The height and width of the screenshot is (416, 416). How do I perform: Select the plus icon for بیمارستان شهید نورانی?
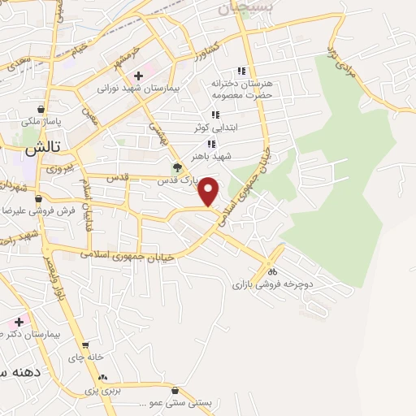click(x=138, y=76)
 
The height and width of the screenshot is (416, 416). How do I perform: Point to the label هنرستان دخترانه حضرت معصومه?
click(x=240, y=89)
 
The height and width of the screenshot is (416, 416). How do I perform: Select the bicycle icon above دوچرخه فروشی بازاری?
click(x=274, y=271)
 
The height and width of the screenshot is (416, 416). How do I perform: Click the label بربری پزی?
click(x=103, y=391)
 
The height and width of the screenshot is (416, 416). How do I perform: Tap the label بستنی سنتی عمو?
click(x=179, y=403)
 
